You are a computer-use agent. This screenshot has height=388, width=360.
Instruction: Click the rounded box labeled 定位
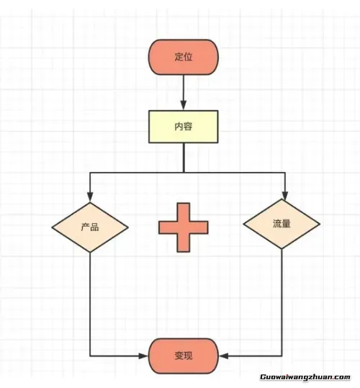coord(184,57)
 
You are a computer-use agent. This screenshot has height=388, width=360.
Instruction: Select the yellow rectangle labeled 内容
coord(184,127)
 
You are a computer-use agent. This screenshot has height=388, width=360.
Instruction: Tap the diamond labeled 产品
coord(90,227)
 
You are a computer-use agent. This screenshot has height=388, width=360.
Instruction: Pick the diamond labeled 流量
coord(282,224)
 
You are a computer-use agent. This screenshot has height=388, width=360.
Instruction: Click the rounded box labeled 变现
coord(184,356)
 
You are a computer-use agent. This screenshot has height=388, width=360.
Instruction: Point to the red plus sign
coord(184,227)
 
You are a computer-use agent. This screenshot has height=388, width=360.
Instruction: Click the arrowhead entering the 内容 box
coord(184,105)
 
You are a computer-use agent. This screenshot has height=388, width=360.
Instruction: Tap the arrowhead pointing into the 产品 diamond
coord(90,197)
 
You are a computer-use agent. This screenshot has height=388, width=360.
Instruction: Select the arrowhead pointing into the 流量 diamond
coord(285,195)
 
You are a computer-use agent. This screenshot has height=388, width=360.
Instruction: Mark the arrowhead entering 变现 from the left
coord(143,356)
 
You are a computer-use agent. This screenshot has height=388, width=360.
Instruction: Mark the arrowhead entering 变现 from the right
coord(224,356)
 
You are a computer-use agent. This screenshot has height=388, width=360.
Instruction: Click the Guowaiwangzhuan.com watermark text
coord(305,377)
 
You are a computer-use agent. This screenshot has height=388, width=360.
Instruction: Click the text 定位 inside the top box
coord(184,57)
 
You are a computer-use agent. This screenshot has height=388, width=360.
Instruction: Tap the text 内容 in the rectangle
coord(184,127)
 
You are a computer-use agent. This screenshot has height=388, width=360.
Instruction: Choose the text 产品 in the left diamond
coord(90,227)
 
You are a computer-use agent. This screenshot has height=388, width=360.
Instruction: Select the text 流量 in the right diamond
coord(282,224)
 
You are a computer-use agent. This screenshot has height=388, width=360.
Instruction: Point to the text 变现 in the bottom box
coord(184,356)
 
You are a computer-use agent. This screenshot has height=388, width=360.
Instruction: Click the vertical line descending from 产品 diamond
coord(90,304)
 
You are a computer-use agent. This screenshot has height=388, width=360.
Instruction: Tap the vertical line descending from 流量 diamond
coord(282,302)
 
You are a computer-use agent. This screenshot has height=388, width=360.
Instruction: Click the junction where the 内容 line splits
coord(184,172)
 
